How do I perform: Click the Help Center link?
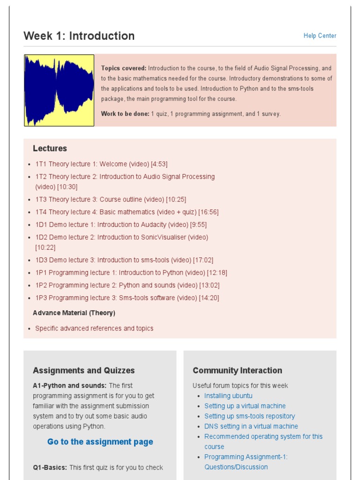coord(320,36)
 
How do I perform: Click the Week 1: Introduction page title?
coord(79,36)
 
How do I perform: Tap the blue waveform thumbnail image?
coord(59,90)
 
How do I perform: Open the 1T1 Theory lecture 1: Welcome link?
coord(101,164)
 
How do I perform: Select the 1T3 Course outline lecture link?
coord(111,199)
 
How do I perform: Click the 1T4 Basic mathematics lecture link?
coord(127,212)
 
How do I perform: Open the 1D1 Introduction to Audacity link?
coord(121,225)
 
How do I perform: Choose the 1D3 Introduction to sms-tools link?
coord(124,260)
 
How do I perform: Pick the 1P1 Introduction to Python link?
coord(131,272)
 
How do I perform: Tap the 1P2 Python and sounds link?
coord(127,285)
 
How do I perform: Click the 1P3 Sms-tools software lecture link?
coord(127,298)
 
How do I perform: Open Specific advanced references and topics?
coord(94,328)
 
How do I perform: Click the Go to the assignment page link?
coord(100,442)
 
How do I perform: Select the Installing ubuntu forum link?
coord(228,396)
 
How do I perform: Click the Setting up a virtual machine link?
coord(245,406)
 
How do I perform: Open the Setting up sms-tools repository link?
coord(249,416)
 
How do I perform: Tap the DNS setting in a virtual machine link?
coord(251,427)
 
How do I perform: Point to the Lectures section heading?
coord(50,149)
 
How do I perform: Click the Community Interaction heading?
coord(237,370)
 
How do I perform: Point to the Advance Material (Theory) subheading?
coord(74,313)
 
